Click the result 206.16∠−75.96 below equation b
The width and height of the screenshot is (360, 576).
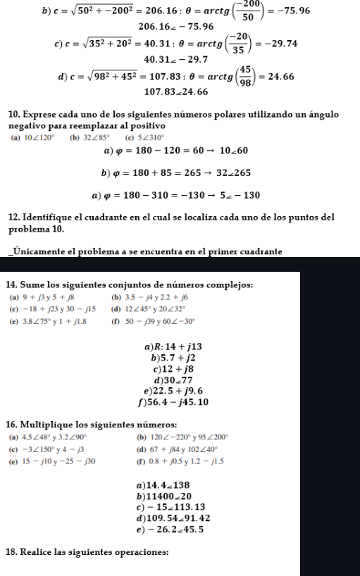click(179, 27)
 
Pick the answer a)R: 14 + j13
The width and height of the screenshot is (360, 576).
click(173, 348)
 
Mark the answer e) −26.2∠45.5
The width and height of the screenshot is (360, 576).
click(178, 529)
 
